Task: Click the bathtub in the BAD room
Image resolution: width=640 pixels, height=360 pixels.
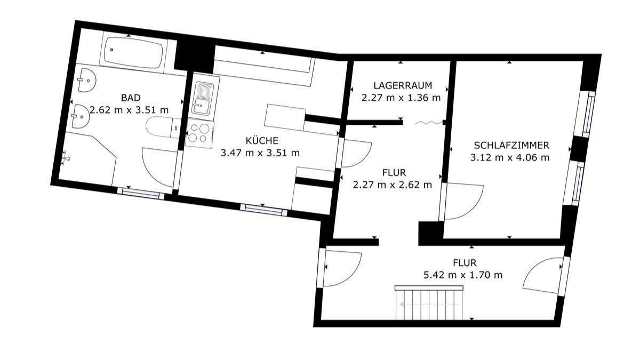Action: [x=133, y=53]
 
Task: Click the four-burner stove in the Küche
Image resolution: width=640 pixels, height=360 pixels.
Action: [x=199, y=133]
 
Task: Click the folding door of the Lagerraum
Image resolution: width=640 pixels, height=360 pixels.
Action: [x=429, y=123]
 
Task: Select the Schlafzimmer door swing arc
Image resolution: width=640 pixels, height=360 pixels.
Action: [x=463, y=202]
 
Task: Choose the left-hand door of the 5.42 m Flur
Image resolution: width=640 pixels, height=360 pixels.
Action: [x=341, y=267]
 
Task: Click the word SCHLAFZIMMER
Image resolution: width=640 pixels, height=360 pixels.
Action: [x=511, y=145]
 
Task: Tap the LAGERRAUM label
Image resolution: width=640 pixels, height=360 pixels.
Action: [x=402, y=85]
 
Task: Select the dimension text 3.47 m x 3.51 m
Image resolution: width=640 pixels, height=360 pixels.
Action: [x=260, y=153]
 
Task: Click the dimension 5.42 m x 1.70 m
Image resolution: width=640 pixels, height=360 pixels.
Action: [x=463, y=275]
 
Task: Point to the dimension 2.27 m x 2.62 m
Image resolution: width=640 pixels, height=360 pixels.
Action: [x=393, y=185]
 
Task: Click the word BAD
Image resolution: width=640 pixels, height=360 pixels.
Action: [x=131, y=98]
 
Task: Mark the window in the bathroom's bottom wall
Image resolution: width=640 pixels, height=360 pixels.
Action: [x=141, y=193]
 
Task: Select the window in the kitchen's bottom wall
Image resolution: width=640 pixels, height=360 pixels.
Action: [x=263, y=209]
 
